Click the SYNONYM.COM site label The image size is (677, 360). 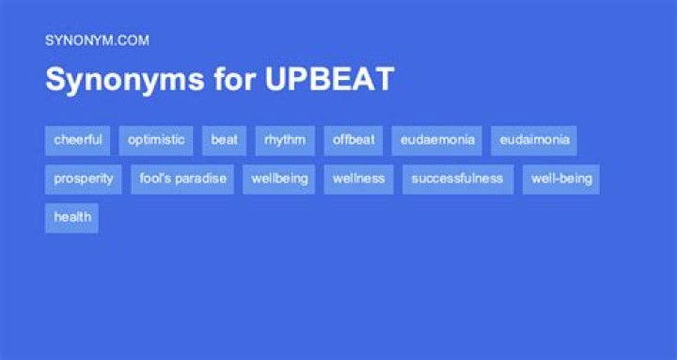[x=97, y=40]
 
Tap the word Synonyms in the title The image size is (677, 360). [x=113, y=80]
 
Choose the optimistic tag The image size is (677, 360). [x=156, y=140]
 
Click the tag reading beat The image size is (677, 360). [x=224, y=140]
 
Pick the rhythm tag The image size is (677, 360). [x=285, y=140]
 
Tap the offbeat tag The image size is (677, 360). [x=354, y=140]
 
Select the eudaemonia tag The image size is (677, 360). [x=436, y=140]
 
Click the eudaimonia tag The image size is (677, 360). [x=534, y=140]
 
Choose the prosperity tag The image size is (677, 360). [x=84, y=179]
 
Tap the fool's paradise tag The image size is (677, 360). [x=183, y=179]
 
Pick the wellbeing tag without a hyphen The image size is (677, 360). [x=279, y=179]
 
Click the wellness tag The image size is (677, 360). [x=359, y=179]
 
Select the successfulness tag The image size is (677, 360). [x=458, y=179]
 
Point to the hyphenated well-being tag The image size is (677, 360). [x=561, y=179]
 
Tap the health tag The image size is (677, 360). [x=72, y=217]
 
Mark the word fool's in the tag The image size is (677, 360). [x=154, y=179]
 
